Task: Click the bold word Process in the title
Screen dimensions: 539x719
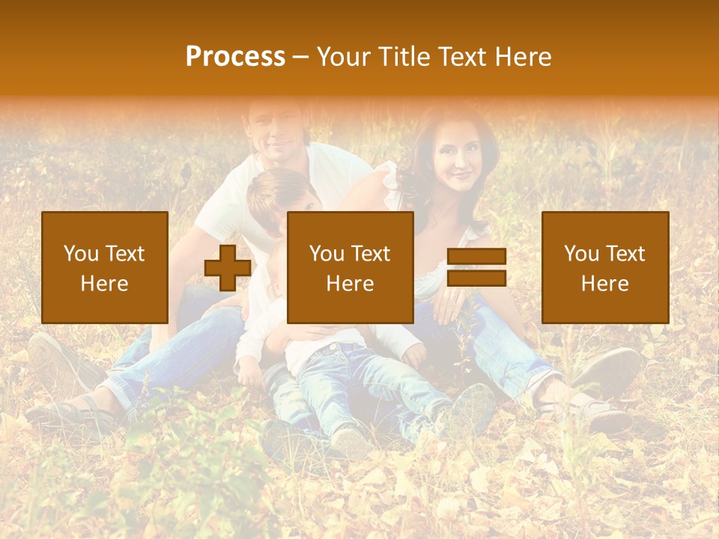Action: coord(235,57)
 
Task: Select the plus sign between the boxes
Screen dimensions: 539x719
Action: coord(228,268)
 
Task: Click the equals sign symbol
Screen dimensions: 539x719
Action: coord(476,268)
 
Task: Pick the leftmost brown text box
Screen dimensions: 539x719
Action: coord(104,267)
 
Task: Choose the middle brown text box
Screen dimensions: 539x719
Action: coord(350,267)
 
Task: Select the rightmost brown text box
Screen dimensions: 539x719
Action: coord(604,267)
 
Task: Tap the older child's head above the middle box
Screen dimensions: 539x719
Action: coord(281,191)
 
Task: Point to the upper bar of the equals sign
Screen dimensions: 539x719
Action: coord(476,257)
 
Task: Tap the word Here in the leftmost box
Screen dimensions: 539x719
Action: coord(104,284)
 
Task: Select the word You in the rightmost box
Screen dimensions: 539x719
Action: coord(581,254)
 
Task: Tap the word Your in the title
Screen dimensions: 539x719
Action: coord(342,57)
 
